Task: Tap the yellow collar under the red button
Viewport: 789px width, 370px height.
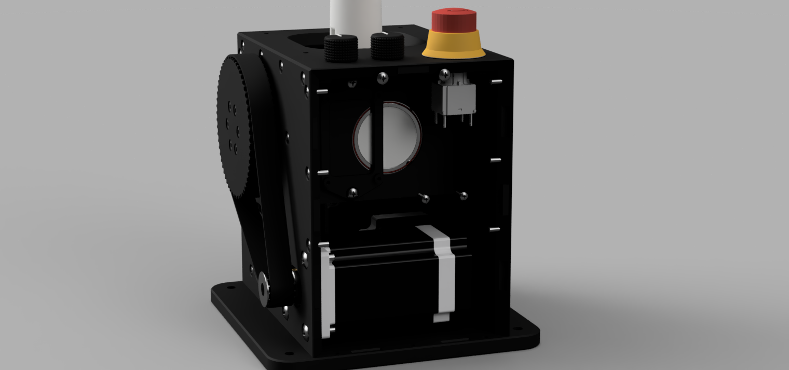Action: tap(454, 47)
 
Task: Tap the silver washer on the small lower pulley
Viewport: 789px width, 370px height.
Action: tap(264, 286)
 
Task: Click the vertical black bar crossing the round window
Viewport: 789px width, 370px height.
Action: tap(378, 137)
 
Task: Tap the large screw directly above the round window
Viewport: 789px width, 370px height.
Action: tap(383, 78)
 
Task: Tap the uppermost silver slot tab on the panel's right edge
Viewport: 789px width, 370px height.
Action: tap(496, 81)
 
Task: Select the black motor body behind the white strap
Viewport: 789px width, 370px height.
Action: tap(384, 291)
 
